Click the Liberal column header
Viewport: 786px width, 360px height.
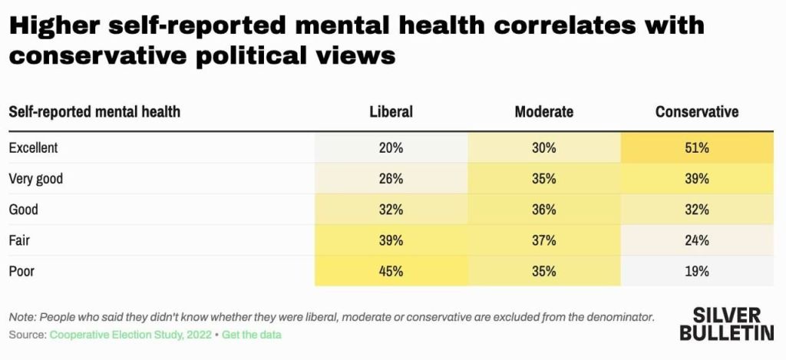pos(391,112)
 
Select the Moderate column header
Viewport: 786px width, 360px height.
pos(543,112)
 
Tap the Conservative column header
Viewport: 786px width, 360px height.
pos(697,112)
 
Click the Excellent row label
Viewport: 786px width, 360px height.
pos(33,148)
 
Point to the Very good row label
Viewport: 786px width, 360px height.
pos(35,179)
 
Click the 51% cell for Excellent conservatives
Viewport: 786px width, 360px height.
pos(697,148)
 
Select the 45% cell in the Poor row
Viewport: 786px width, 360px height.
pos(391,271)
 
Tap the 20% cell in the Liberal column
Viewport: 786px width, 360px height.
pos(391,148)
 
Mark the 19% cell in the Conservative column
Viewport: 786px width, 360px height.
pos(697,271)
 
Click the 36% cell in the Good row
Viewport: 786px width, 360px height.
pos(543,210)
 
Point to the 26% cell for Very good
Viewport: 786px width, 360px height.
pos(391,179)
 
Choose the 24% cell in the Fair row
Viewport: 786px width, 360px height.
pos(697,240)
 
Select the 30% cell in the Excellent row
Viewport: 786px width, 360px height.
pos(543,148)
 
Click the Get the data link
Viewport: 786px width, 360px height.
pos(252,335)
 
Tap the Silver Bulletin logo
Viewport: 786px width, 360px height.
pos(726,324)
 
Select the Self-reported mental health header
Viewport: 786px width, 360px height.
pos(94,112)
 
